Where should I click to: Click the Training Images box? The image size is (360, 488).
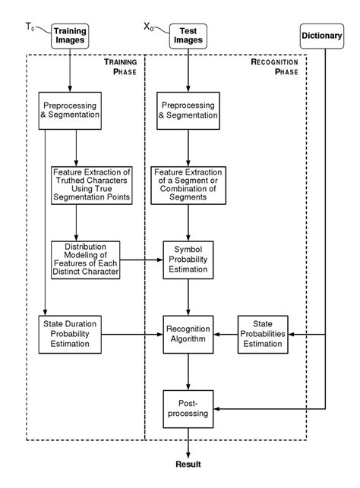pyautogui.click(x=70, y=36)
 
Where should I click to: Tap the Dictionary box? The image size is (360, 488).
pyautogui.click(x=322, y=36)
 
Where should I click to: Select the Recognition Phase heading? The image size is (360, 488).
pyautogui.click(x=278, y=66)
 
